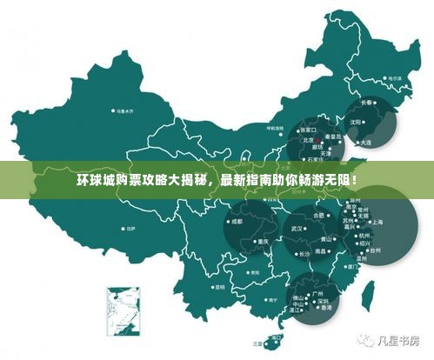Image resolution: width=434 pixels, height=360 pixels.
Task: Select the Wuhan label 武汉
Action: (x=297, y=229)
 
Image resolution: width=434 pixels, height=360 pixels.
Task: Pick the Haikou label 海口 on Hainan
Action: (x=277, y=337)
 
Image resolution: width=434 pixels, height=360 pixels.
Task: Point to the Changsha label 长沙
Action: (x=304, y=253)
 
